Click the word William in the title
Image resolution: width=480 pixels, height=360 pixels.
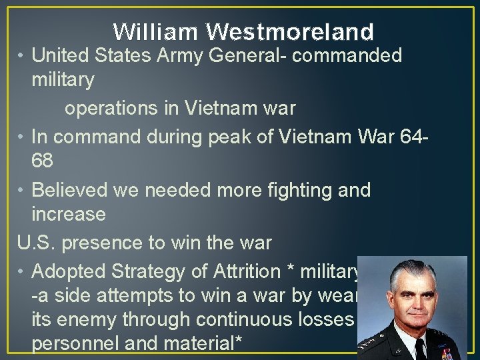[155, 31]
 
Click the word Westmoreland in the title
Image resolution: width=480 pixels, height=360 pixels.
[290, 31]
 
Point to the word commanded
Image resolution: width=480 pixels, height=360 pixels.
[347, 55]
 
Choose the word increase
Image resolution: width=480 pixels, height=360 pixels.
[69, 215]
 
